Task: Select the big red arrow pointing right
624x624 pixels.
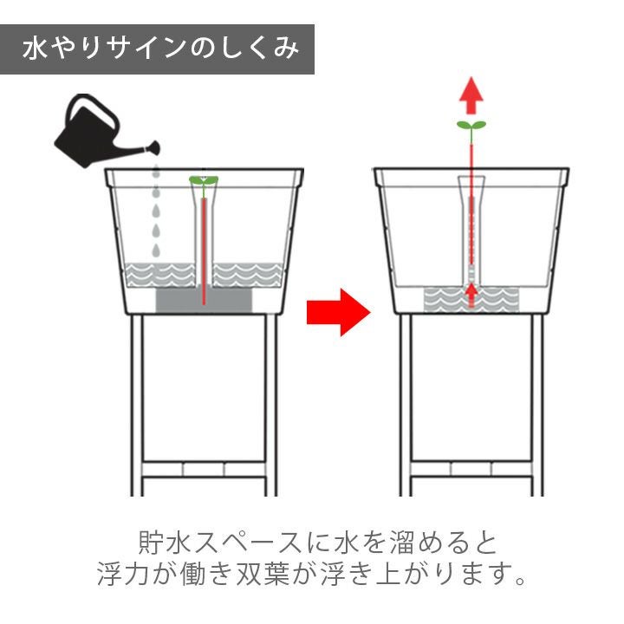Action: click(338, 312)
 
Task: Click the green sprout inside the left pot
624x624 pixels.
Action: click(204, 182)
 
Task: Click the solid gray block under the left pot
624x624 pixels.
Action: click(204, 300)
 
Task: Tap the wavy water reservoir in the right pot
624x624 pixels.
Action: click(471, 299)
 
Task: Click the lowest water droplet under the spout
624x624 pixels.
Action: click(156, 250)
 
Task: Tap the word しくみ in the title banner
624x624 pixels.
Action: click(258, 49)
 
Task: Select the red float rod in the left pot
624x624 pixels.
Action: click(204, 251)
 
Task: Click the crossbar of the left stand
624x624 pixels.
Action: click(204, 469)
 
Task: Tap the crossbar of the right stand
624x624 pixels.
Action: click(471, 469)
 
